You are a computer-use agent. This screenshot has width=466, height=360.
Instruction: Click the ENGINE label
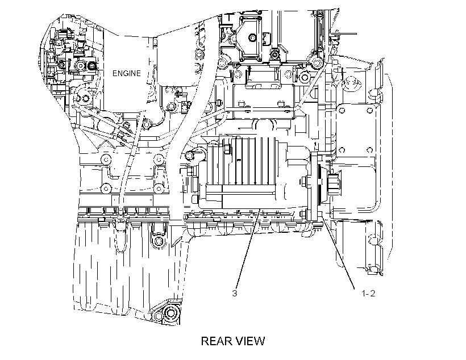[126, 73]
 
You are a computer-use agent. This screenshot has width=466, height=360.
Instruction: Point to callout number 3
[235, 294]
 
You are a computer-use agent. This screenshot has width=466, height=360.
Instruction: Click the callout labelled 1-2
[368, 294]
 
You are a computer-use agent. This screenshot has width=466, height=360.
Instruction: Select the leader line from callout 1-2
[338, 253]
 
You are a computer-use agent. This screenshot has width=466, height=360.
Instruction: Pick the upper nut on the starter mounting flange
[305, 182]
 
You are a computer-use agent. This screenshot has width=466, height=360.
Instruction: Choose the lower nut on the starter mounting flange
[305, 214]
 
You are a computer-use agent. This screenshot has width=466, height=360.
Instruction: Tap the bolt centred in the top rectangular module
[253, 37]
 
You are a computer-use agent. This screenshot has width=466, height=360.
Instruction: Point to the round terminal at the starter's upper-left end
[190, 155]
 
